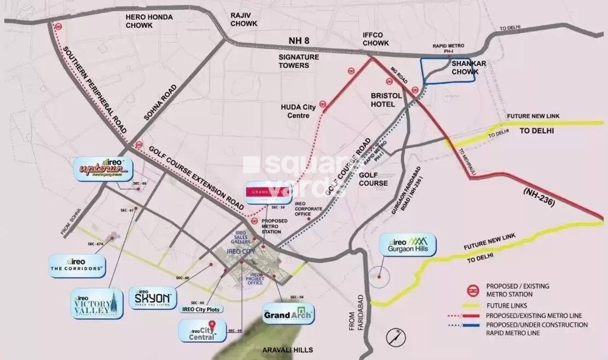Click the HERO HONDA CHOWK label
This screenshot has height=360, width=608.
tap(149, 21)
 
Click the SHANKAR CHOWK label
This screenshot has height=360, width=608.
tap(465, 67)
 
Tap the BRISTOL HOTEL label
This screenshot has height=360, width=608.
tap(386, 100)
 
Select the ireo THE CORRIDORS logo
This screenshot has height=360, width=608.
tap(77, 265)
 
